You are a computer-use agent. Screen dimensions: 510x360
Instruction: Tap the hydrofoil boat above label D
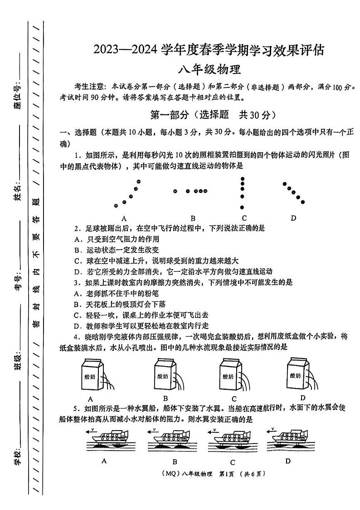click(289, 438)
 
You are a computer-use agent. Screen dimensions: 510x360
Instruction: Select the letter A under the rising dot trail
click(124, 217)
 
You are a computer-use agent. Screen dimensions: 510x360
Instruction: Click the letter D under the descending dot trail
click(293, 217)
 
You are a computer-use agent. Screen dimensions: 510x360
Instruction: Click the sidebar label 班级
click(18, 363)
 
